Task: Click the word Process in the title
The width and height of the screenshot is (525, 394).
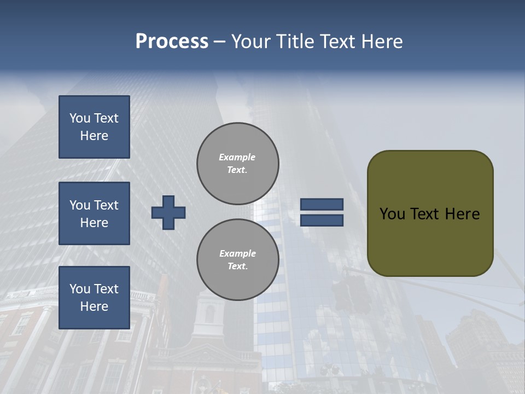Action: [x=172, y=42]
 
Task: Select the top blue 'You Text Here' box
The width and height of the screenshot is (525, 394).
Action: [x=94, y=127]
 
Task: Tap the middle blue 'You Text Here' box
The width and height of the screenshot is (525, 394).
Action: [x=94, y=213]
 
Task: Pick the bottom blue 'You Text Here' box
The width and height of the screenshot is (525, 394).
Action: [x=94, y=298]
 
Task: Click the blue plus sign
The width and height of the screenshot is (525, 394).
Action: [x=168, y=212]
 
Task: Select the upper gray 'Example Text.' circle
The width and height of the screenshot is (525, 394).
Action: [x=238, y=163]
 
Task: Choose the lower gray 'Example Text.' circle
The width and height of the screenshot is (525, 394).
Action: [x=238, y=259]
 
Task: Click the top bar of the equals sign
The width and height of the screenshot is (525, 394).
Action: [x=322, y=205]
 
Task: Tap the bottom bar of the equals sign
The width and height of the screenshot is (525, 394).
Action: [x=322, y=220]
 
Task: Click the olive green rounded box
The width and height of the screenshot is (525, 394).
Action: [x=430, y=241]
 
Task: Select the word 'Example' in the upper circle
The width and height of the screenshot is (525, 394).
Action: [x=237, y=157]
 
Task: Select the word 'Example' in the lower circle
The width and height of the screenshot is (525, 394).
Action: [x=237, y=253]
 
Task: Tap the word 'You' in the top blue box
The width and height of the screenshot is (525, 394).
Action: [x=80, y=118]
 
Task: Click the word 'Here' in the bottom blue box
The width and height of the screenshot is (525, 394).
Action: [x=94, y=306]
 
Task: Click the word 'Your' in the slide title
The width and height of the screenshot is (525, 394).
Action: [x=252, y=42]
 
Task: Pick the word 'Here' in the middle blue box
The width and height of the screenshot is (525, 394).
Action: [x=94, y=223]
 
